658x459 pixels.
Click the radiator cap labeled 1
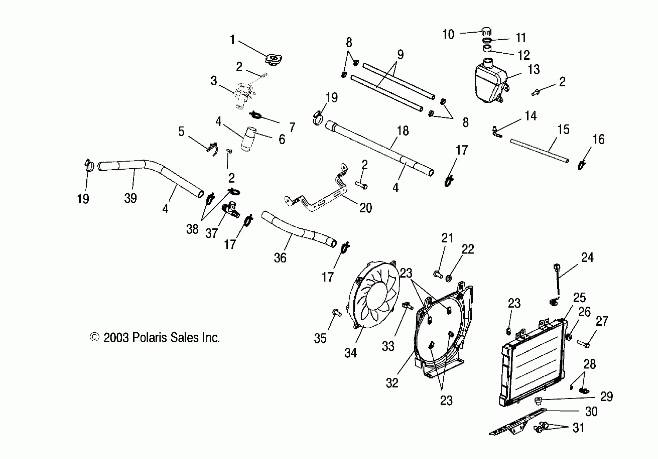[x=274, y=60]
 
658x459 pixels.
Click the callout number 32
[x=392, y=383]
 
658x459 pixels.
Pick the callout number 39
[x=130, y=198]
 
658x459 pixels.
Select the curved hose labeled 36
[x=298, y=229]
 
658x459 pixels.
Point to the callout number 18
[x=403, y=131]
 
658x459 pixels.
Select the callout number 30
[x=591, y=411]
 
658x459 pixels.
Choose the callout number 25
[x=579, y=298]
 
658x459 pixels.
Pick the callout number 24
[x=587, y=258]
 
